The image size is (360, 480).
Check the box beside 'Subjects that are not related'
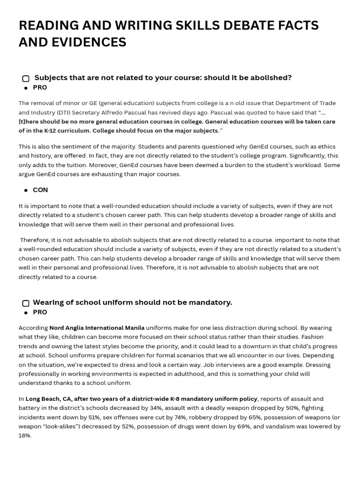[x=26, y=79]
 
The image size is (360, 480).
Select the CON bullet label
[x=40, y=190]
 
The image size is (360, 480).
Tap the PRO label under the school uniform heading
[x=40, y=312]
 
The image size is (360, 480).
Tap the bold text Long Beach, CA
[x=49, y=399]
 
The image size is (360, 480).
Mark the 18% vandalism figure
[x=25, y=435]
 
